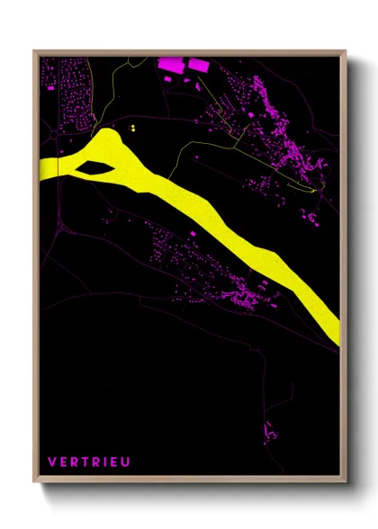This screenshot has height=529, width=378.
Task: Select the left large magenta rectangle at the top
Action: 170,65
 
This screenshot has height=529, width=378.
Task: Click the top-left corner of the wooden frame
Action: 34,50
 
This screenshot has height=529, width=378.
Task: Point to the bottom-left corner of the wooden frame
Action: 34,482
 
